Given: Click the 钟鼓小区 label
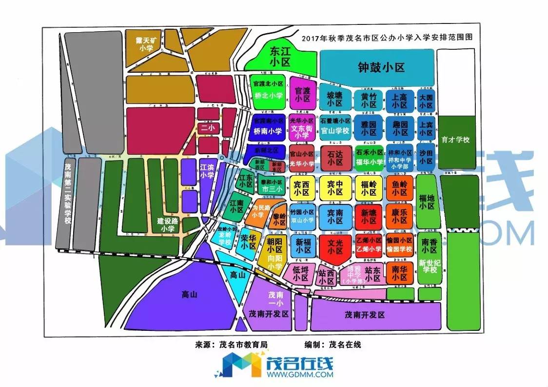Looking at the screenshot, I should pyautogui.click(x=381, y=67).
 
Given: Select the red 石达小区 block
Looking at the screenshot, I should pyautogui.click(x=335, y=158).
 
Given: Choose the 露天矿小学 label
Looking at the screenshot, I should pyautogui.click(x=146, y=43).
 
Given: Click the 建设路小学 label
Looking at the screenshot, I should pyautogui.click(x=167, y=224).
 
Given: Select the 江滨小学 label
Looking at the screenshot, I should pyautogui.click(x=207, y=171).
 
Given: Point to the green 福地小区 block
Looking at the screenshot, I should pyautogui.click(x=427, y=202).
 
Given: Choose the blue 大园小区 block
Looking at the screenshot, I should pyautogui.click(x=426, y=101).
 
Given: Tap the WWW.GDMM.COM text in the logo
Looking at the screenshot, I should pyautogui.click(x=300, y=375).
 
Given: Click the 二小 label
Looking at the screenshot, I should pyautogui.click(x=208, y=128).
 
